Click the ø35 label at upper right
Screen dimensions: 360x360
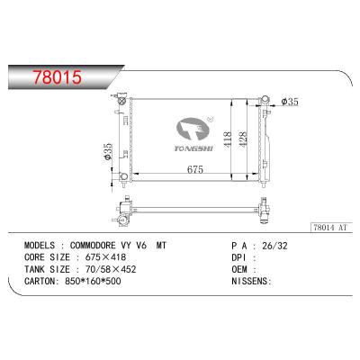click(x=290, y=102)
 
